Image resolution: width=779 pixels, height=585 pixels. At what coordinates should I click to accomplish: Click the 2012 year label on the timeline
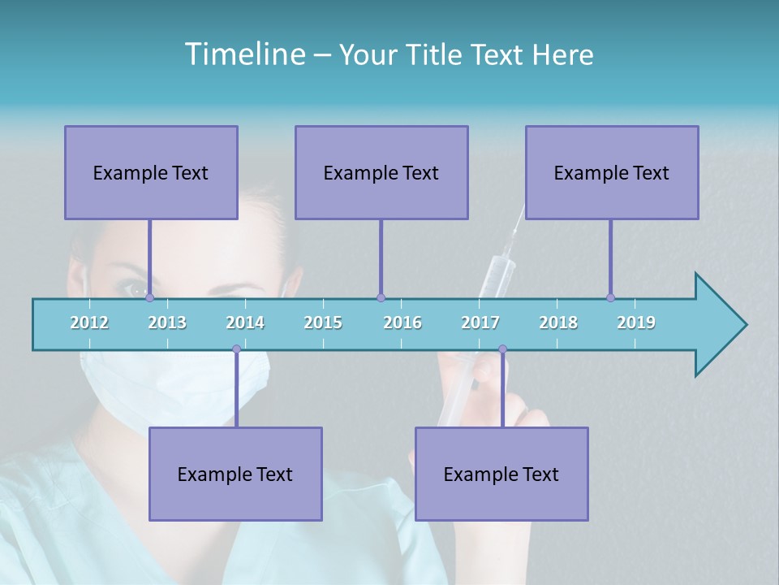(x=89, y=323)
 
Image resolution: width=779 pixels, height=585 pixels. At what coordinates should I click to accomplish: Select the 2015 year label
(x=323, y=323)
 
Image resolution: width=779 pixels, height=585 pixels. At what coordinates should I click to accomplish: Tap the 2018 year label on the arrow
(x=558, y=323)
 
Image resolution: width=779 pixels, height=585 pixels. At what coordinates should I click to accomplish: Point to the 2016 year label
(x=402, y=323)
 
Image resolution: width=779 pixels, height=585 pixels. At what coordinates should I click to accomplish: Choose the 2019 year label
(x=636, y=323)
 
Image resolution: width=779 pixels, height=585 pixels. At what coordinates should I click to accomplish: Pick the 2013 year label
(x=167, y=323)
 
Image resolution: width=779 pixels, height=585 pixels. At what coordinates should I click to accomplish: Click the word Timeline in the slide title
(x=243, y=54)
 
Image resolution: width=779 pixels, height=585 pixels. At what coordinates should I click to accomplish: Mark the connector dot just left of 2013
(x=149, y=297)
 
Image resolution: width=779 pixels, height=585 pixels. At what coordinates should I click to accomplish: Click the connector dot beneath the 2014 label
(x=236, y=349)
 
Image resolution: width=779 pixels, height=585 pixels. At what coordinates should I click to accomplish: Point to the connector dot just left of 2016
(x=381, y=297)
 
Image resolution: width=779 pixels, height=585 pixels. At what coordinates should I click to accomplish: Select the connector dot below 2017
(x=502, y=349)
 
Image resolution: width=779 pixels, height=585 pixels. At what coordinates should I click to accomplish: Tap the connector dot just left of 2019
(x=610, y=297)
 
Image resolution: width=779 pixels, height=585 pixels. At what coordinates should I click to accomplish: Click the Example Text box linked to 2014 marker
(x=235, y=474)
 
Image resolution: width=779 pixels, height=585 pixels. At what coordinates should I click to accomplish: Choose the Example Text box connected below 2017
(x=501, y=474)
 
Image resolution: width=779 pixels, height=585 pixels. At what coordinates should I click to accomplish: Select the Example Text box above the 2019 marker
(x=612, y=172)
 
